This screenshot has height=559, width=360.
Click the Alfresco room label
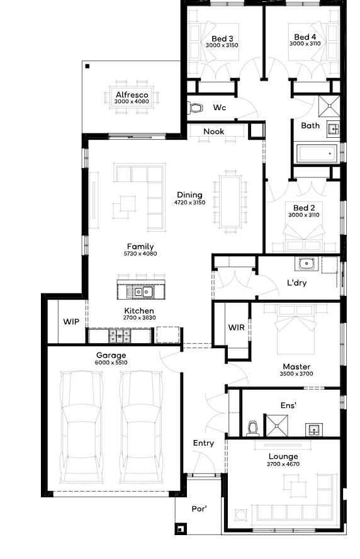coord(132,95)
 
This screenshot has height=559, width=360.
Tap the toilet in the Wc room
coord(196,108)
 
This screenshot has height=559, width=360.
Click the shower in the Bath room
coord(329,106)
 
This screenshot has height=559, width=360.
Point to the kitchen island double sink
coord(143,292)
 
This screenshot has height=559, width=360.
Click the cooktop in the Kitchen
coord(120,336)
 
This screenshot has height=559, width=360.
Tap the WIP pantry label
coord(71,322)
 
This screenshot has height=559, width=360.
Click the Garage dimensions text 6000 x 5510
coord(111,363)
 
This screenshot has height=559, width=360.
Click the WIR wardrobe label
coord(236,327)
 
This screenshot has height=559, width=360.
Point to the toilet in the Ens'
coord(252,429)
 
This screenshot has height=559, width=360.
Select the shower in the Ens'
coord(277,426)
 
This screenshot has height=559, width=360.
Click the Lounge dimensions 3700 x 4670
coord(283,464)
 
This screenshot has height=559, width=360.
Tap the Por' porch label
coord(200,509)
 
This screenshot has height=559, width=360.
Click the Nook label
coord(214,132)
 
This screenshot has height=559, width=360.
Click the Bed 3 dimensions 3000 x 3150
coord(222,45)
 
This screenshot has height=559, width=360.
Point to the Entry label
coord(203,443)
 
